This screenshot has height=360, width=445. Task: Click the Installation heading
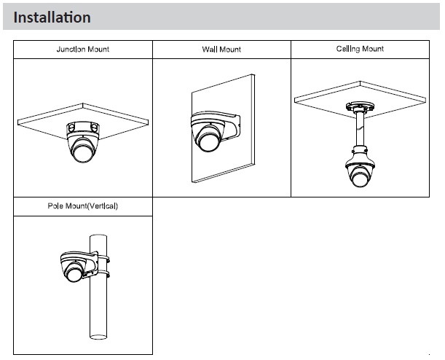[52, 17]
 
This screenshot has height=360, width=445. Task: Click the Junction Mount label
[83, 49]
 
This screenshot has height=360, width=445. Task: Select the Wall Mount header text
[221, 50]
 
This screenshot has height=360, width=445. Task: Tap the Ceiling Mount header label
[360, 49]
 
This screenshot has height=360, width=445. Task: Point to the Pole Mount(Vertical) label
[82, 206]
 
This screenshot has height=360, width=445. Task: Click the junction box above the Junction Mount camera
[83, 128]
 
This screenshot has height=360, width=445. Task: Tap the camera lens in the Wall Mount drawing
[209, 142]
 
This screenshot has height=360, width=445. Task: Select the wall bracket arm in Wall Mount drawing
[232, 125]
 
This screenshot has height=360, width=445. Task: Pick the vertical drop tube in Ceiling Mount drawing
[360, 130]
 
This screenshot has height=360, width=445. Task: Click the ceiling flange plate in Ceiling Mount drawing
[360, 106]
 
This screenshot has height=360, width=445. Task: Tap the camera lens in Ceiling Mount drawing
[360, 178]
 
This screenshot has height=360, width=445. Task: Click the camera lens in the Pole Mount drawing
[74, 273]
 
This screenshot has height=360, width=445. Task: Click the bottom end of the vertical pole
[98, 337]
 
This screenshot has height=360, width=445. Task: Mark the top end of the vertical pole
[98, 236]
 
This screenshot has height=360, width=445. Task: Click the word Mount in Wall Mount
[230, 50]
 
